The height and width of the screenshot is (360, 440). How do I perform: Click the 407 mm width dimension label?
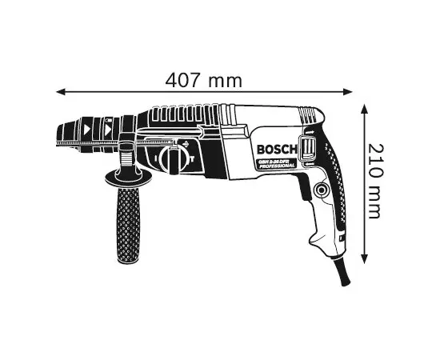203,80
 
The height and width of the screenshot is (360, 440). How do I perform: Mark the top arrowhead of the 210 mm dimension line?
366,106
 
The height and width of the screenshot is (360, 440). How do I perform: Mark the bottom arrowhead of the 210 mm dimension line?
366,260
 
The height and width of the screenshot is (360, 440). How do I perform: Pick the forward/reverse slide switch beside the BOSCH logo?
306,148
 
